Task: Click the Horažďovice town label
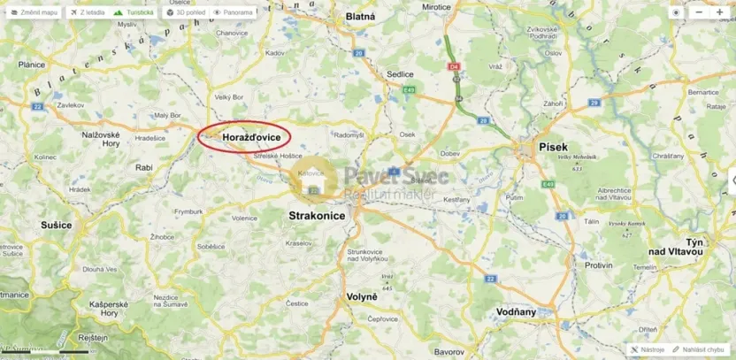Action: (x=252, y=138)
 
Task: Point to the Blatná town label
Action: (x=360, y=16)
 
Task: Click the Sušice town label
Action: (x=56, y=226)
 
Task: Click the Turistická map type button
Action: (x=135, y=12)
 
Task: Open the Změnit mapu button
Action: (x=34, y=12)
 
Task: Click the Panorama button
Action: (x=234, y=12)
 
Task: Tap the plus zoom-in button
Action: (x=719, y=12)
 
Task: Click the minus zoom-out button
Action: (x=698, y=12)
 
